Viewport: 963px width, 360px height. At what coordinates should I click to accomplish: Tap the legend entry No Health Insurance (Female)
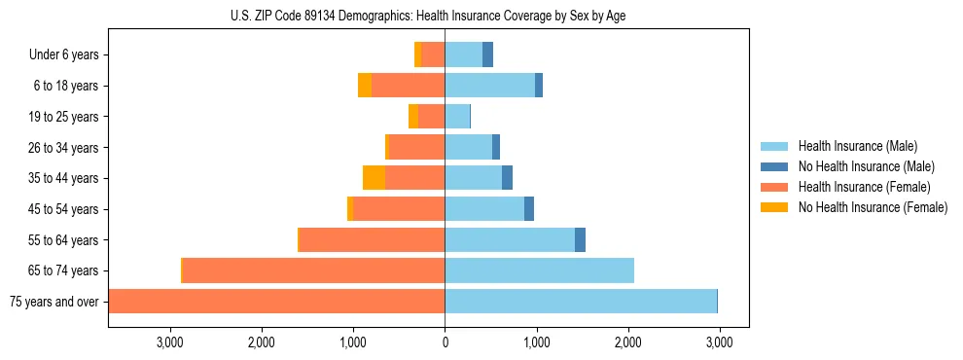873,207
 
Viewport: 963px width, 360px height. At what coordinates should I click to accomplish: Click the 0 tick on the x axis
445,342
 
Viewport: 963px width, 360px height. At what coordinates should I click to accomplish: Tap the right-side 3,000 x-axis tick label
719,342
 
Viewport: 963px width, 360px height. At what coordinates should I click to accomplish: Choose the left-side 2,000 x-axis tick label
262,342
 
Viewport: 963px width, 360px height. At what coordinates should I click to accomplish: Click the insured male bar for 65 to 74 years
539,270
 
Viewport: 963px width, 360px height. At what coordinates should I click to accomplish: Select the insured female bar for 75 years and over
276,302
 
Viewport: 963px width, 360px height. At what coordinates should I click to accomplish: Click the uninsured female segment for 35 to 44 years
374,178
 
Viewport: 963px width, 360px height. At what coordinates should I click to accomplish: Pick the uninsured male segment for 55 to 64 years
580,239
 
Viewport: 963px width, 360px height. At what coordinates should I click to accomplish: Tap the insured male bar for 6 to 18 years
489,86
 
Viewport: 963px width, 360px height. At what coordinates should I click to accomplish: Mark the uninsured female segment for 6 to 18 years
364,86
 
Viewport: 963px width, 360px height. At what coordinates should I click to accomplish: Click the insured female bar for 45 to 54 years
399,209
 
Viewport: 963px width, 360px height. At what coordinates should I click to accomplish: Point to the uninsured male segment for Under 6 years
487,55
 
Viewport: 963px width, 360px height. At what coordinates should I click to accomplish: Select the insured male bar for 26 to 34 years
468,147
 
